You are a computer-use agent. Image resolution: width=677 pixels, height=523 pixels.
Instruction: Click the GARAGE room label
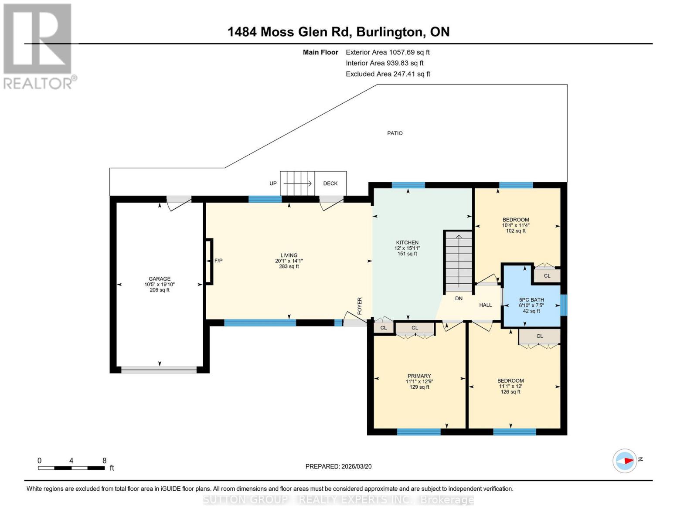(x=159, y=279)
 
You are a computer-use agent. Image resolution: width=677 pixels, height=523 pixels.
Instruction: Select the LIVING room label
(x=289, y=255)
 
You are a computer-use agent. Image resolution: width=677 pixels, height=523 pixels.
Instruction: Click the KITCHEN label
(x=407, y=243)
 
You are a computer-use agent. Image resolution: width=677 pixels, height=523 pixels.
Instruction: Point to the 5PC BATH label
(x=531, y=300)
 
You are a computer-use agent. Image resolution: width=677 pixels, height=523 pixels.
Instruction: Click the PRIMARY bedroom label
(x=419, y=376)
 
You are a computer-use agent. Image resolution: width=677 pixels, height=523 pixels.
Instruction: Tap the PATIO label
(x=395, y=133)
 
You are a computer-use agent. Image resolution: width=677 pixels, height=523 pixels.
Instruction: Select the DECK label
(x=330, y=183)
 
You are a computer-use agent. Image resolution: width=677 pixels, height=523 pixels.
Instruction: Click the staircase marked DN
(x=458, y=261)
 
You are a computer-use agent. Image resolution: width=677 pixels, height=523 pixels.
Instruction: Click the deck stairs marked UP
(x=297, y=183)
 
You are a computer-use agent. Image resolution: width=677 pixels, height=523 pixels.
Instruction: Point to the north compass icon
(x=625, y=461)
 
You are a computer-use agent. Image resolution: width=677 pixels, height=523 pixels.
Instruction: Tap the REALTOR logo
(x=38, y=46)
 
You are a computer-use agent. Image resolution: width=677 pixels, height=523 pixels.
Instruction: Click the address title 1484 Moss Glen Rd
(x=338, y=32)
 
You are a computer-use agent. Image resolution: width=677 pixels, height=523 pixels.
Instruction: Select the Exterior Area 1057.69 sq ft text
(x=388, y=52)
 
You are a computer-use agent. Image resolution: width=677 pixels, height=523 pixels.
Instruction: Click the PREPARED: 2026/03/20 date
(x=338, y=466)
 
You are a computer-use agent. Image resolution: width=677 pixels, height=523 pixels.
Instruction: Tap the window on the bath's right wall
(x=564, y=305)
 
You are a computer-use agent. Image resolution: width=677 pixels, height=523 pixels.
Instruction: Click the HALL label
(x=485, y=305)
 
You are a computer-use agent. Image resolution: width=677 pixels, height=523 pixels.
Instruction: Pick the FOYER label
(x=360, y=306)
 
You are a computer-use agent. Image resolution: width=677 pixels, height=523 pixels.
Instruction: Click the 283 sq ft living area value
(x=289, y=266)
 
